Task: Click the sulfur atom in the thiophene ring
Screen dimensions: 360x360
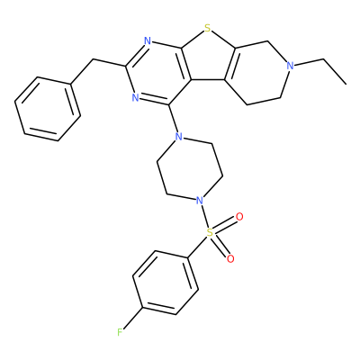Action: [x=207, y=29]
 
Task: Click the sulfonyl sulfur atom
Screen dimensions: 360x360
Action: [x=210, y=232]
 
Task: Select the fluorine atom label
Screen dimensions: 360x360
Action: [x=120, y=332]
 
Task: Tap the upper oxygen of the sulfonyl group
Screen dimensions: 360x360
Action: [x=239, y=217]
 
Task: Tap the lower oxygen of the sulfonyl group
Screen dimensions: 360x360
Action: [x=230, y=258]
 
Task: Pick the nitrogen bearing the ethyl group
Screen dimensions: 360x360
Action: [x=290, y=66]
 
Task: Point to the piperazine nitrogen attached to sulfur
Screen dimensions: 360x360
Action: [x=198, y=200]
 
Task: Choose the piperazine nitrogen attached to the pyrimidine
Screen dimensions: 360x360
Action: [x=179, y=138]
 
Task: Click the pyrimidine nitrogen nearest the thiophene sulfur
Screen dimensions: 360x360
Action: [x=148, y=40]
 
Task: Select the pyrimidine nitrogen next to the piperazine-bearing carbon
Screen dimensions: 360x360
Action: [x=135, y=97]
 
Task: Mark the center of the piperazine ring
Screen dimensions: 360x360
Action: [x=189, y=168]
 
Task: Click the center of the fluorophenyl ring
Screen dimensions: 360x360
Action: [x=166, y=283]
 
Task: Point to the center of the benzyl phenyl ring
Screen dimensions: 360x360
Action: [x=48, y=109]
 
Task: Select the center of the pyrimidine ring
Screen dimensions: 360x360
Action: [x=158, y=73]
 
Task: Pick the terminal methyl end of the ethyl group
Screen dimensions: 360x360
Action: [x=346, y=84]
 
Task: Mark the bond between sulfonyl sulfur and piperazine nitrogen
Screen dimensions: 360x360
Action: [x=204, y=215]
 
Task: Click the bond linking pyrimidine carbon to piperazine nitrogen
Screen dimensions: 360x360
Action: [x=173, y=119]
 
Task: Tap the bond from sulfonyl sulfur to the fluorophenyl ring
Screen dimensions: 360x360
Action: [x=197, y=248]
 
